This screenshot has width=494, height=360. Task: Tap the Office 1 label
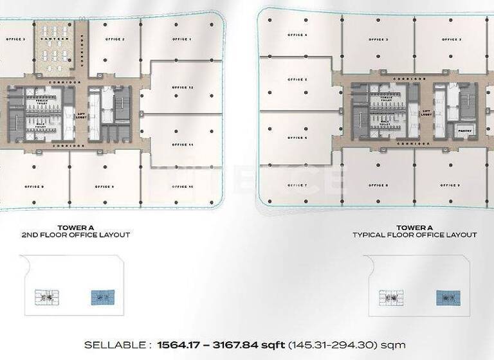182,39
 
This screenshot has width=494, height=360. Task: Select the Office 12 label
183,87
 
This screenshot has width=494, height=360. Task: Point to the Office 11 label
183,145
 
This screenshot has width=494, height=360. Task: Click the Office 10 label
183,186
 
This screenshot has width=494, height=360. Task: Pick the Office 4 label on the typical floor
297,35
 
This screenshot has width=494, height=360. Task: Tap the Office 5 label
297,80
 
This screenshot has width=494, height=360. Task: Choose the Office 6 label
297,138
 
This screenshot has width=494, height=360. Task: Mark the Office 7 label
297,185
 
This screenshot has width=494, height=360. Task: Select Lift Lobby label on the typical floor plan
426,112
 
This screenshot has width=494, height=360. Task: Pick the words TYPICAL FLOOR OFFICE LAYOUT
415,235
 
